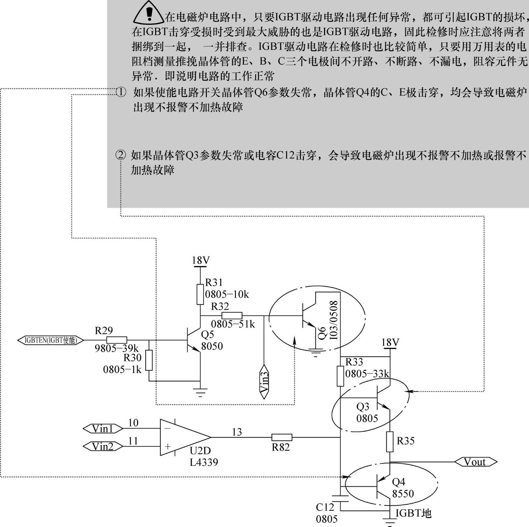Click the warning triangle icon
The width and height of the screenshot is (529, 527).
pos(149,13)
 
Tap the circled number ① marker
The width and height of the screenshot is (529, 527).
pos(121,92)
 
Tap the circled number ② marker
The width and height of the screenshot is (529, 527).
pos(121,155)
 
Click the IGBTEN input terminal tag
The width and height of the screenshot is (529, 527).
pos(51,340)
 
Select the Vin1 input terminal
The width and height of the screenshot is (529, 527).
pos(103,429)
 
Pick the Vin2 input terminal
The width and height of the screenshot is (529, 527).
pos(103,446)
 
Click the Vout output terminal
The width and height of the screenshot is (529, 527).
pos(475,462)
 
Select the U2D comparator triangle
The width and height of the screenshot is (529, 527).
pos(184,437)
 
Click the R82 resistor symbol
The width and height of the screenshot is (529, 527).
pos(282,437)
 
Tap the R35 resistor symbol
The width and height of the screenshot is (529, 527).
pos(389,442)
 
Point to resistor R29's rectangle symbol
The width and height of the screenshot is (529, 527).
pos(117,340)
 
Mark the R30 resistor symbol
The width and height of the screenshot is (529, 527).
pos(149,360)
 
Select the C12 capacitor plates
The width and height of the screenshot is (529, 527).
pos(340,499)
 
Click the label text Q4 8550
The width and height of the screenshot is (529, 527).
pos(402,488)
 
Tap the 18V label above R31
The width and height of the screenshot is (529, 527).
pos(201,260)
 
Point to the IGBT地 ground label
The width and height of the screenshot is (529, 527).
pos(413,513)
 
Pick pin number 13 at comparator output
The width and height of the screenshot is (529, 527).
pos(237,432)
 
